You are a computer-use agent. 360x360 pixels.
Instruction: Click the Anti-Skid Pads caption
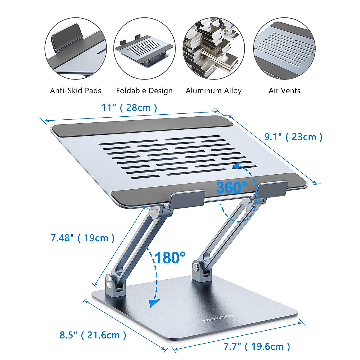(76, 91)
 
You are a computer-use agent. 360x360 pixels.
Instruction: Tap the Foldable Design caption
(144, 91)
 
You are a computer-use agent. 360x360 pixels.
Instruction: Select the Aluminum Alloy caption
(214, 91)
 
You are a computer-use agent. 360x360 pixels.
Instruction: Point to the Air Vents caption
(284, 91)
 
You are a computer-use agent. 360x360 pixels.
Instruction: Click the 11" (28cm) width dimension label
(129, 108)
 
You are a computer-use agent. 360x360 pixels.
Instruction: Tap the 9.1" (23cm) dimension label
(293, 137)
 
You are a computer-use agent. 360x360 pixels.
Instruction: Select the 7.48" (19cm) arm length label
(82, 238)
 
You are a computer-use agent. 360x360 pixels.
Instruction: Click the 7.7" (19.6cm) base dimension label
(257, 347)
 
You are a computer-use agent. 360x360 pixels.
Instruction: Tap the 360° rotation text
(231, 188)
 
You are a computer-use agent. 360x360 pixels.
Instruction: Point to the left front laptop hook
(187, 199)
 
